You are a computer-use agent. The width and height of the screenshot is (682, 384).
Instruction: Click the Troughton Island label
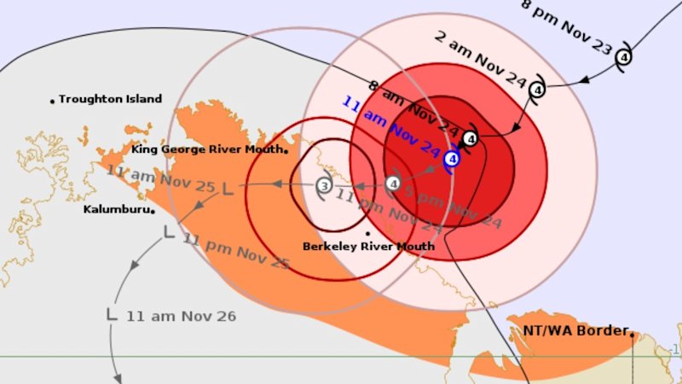[110, 99]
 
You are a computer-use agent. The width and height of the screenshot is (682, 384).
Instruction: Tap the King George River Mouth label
[207, 149]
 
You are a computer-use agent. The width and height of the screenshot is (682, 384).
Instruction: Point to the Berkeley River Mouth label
[368, 246]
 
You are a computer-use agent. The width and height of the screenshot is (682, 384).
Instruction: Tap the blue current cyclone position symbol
[453, 158]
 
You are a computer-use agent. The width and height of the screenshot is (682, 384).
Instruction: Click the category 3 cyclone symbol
[324, 184]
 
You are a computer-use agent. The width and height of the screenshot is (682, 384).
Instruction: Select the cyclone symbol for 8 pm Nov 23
[623, 57]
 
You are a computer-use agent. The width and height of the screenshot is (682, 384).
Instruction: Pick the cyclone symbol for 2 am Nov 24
[538, 88]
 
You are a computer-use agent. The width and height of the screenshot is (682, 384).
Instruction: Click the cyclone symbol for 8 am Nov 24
[471, 137]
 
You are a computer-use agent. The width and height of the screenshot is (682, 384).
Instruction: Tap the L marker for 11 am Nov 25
[227, 187]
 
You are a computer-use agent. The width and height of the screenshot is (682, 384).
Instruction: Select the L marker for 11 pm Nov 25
[169, 231]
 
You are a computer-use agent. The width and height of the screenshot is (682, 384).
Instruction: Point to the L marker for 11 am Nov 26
[112, 314]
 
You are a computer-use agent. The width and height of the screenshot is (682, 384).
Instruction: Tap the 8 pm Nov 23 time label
[566, 27]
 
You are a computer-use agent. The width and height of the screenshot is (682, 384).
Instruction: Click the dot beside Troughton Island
[52, 101]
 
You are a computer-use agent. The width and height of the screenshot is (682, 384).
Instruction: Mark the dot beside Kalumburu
[152, 211]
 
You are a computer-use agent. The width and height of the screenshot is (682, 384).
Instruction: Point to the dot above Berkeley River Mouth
[367, 232]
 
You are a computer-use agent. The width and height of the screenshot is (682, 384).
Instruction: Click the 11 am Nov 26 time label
[181, 316]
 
